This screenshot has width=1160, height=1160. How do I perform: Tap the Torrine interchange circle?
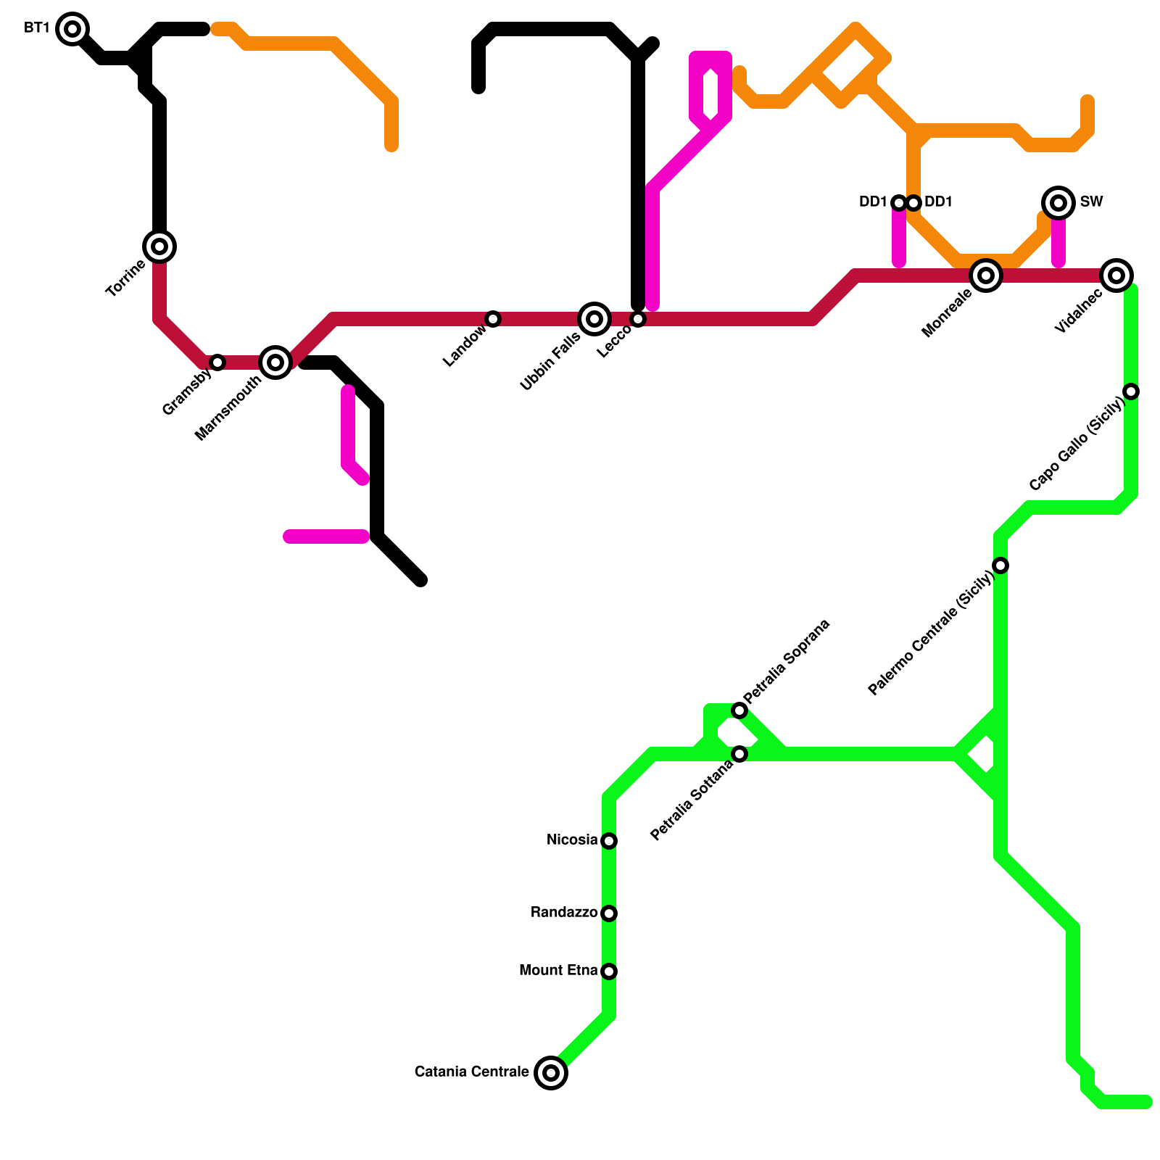point(159,246)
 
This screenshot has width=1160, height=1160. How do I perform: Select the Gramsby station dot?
point(217,362)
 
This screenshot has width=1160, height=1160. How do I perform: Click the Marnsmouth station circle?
point(275,362)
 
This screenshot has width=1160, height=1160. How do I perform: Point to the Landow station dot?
point(493,319)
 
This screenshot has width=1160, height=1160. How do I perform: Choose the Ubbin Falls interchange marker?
point(594,319)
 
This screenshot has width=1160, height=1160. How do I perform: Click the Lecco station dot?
point(638,319)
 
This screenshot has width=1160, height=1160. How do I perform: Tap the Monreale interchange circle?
point(986,275)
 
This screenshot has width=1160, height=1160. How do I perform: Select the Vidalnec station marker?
point(1116,275)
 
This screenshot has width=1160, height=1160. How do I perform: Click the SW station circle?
point(1058,203)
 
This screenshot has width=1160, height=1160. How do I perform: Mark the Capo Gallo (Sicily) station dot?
point(1131,391)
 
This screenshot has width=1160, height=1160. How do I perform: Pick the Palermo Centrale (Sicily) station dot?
point(1000,565)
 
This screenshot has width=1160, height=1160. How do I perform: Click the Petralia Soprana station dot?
point(739,710)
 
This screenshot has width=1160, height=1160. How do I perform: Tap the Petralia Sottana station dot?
point(739,754)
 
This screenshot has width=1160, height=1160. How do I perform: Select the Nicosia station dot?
point(609,841)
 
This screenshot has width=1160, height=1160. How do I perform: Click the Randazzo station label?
point(564,913)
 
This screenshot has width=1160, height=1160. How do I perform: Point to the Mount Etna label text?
point(558,971)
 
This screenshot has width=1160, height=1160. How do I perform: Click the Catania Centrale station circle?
point(551,1073)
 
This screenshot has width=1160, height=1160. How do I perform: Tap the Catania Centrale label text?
point(471,1072)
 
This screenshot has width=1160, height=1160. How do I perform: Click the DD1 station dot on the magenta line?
point(899,203)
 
